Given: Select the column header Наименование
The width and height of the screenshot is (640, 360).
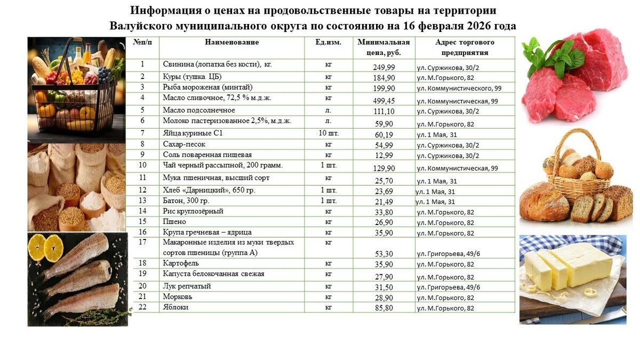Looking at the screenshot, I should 231,42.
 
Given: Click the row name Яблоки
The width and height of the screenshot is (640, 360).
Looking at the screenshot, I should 175,308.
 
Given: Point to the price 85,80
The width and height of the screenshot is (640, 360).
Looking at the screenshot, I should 384,308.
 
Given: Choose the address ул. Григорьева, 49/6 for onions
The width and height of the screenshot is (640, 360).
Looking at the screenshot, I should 448,287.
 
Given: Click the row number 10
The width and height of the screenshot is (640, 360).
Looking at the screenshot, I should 142,165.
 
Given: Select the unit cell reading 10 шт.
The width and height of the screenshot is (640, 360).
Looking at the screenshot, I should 329,133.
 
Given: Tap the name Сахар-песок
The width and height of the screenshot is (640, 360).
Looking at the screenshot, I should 184,144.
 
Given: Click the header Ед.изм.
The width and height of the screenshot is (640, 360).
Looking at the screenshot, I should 329,42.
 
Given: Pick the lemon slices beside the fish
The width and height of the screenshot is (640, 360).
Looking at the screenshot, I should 46,247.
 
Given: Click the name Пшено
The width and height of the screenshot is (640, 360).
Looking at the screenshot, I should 174,221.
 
